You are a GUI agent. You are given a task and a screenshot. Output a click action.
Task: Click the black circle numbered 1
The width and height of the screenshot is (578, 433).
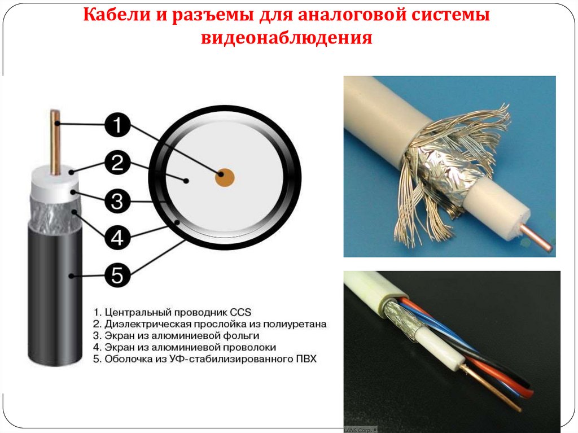(x=117, y=125)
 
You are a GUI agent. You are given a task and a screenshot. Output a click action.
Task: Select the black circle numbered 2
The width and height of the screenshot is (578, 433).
(x=117, y=163)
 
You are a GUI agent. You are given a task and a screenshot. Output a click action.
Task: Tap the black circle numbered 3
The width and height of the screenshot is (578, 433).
(x=117, y=202)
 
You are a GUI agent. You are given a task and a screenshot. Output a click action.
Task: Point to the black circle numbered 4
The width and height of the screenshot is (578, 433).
(x=117, y=237)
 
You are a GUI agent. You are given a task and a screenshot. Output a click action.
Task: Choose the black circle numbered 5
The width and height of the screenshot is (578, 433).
(x=117, y=275)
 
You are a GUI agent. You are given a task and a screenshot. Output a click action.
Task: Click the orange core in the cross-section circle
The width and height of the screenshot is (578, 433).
(x=225, y=177)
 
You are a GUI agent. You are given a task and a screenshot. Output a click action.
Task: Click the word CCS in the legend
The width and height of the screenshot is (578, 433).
(x=240, y=312)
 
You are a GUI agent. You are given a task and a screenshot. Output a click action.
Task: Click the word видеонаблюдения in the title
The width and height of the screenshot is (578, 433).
(x=286, y=38)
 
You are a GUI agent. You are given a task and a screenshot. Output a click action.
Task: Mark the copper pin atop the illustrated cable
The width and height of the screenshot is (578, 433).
(x=55, y=142)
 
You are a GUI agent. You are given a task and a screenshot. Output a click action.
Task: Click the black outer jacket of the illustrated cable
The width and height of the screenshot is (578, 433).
(x=55, y=295)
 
